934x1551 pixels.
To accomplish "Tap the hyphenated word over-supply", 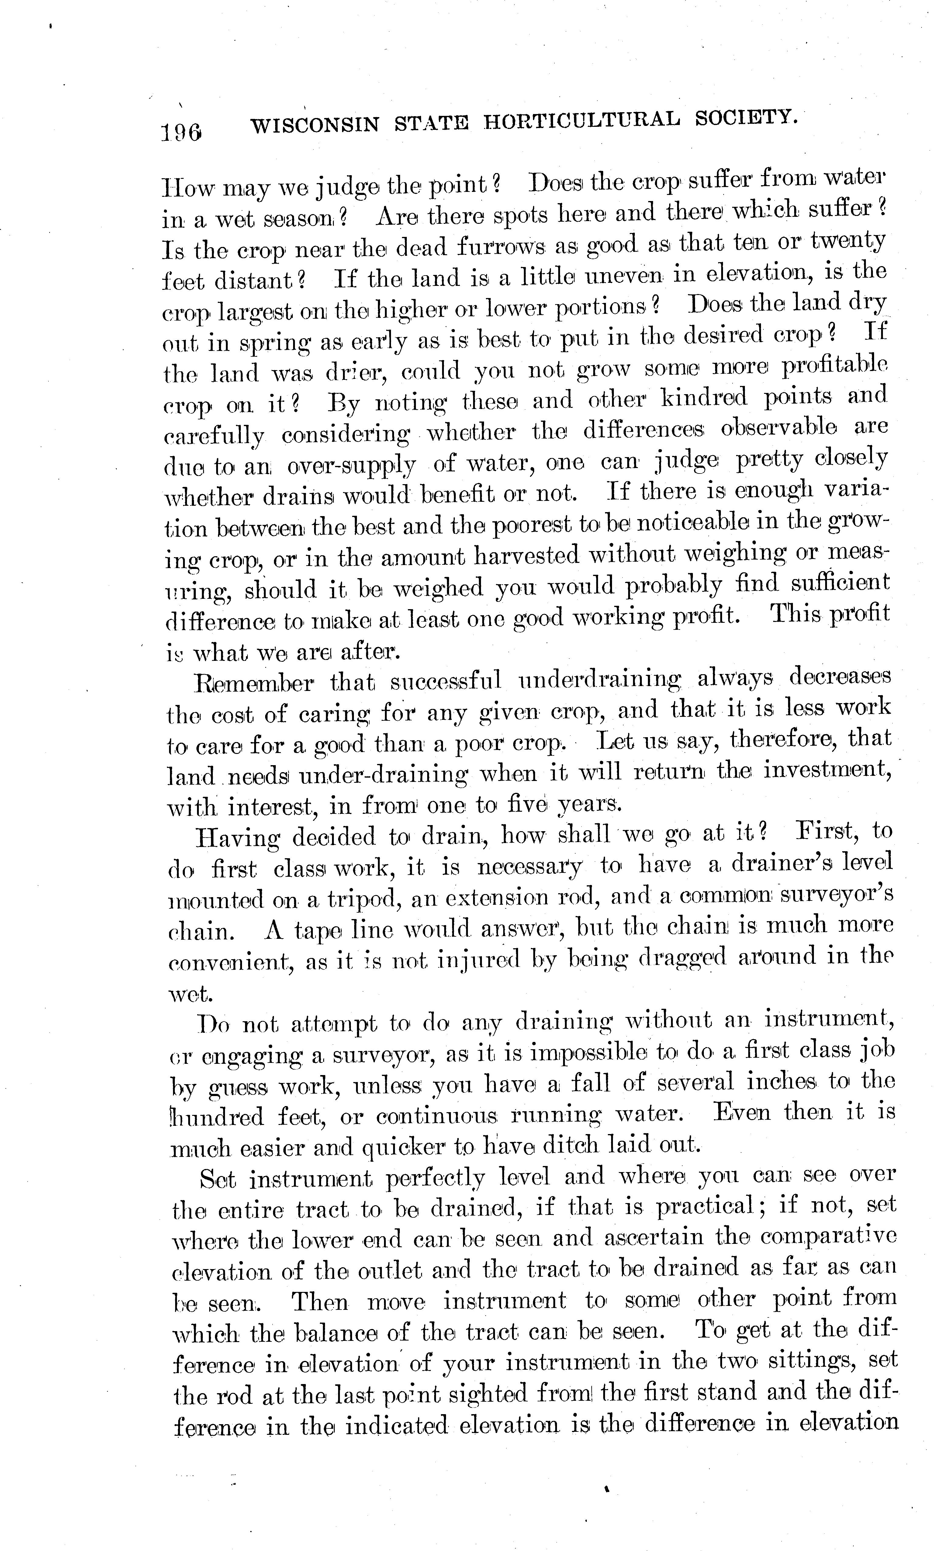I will point(351,466).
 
